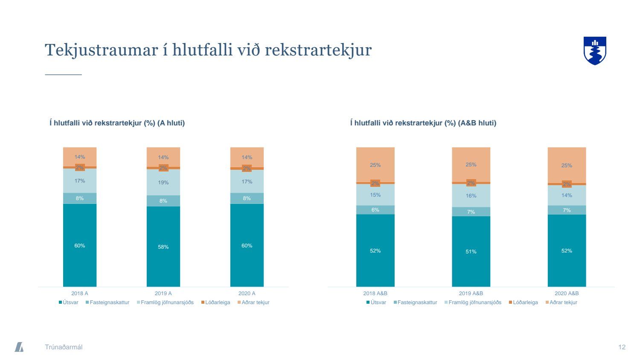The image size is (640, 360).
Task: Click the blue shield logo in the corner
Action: pos(595,50)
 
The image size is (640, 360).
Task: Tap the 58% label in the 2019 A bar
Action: pos(163,247)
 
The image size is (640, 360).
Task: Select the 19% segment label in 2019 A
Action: pos(163,183)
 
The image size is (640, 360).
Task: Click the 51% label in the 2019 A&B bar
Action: pos(471,252)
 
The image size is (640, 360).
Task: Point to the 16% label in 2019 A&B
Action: pos(471,196)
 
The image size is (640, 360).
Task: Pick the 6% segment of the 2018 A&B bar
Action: pos(375,210)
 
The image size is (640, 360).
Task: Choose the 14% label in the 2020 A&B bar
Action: pos(567,195)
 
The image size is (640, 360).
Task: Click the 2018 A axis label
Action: pos(80,293)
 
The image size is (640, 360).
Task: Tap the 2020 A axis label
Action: pos(247,293)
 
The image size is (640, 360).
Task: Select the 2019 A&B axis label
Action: pos(471,293)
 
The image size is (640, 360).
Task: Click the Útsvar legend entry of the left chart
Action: pos(69,302)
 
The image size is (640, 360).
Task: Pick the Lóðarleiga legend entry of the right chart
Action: pos(523,302)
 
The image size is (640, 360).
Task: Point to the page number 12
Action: pos(622,347)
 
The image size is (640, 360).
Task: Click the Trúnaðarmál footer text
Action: pos(64,347)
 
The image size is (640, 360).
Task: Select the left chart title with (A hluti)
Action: pos(117,123)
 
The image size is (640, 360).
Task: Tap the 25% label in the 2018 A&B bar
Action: pos(375,165)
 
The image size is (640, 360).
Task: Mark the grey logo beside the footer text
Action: pos(19,347)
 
